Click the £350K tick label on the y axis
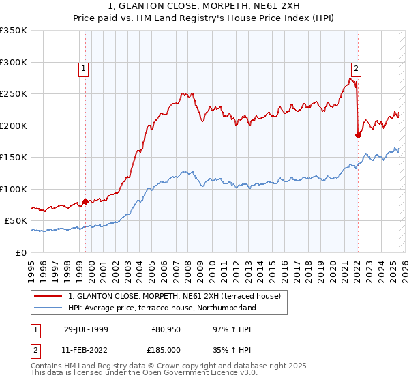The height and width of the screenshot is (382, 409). [14, 31]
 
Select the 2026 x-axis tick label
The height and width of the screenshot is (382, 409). [403, 265]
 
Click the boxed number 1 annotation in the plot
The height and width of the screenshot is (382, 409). [82, 68]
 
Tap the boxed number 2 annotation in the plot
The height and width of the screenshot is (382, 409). [356, 68]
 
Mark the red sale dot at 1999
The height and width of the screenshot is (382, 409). [86, 201]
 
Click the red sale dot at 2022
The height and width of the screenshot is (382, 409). [358, 135]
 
